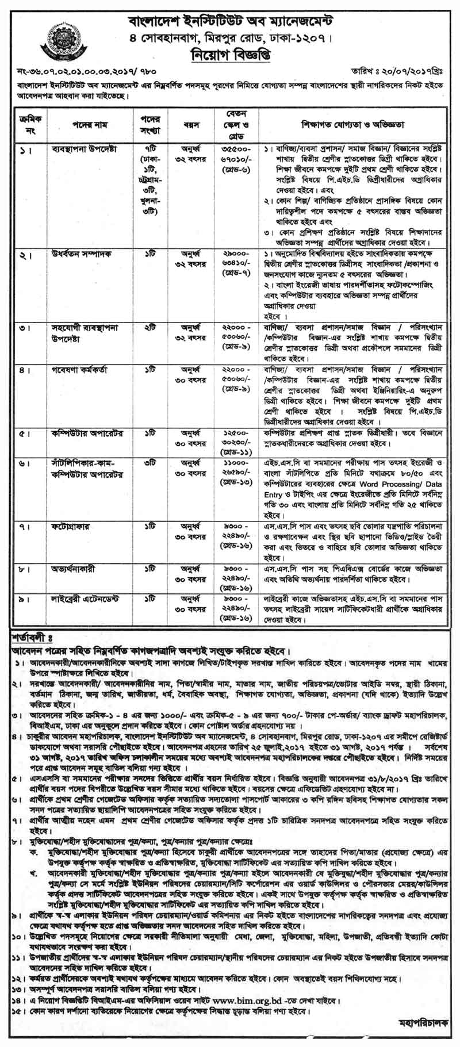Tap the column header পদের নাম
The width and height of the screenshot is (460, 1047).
click(x=86, y=124)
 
